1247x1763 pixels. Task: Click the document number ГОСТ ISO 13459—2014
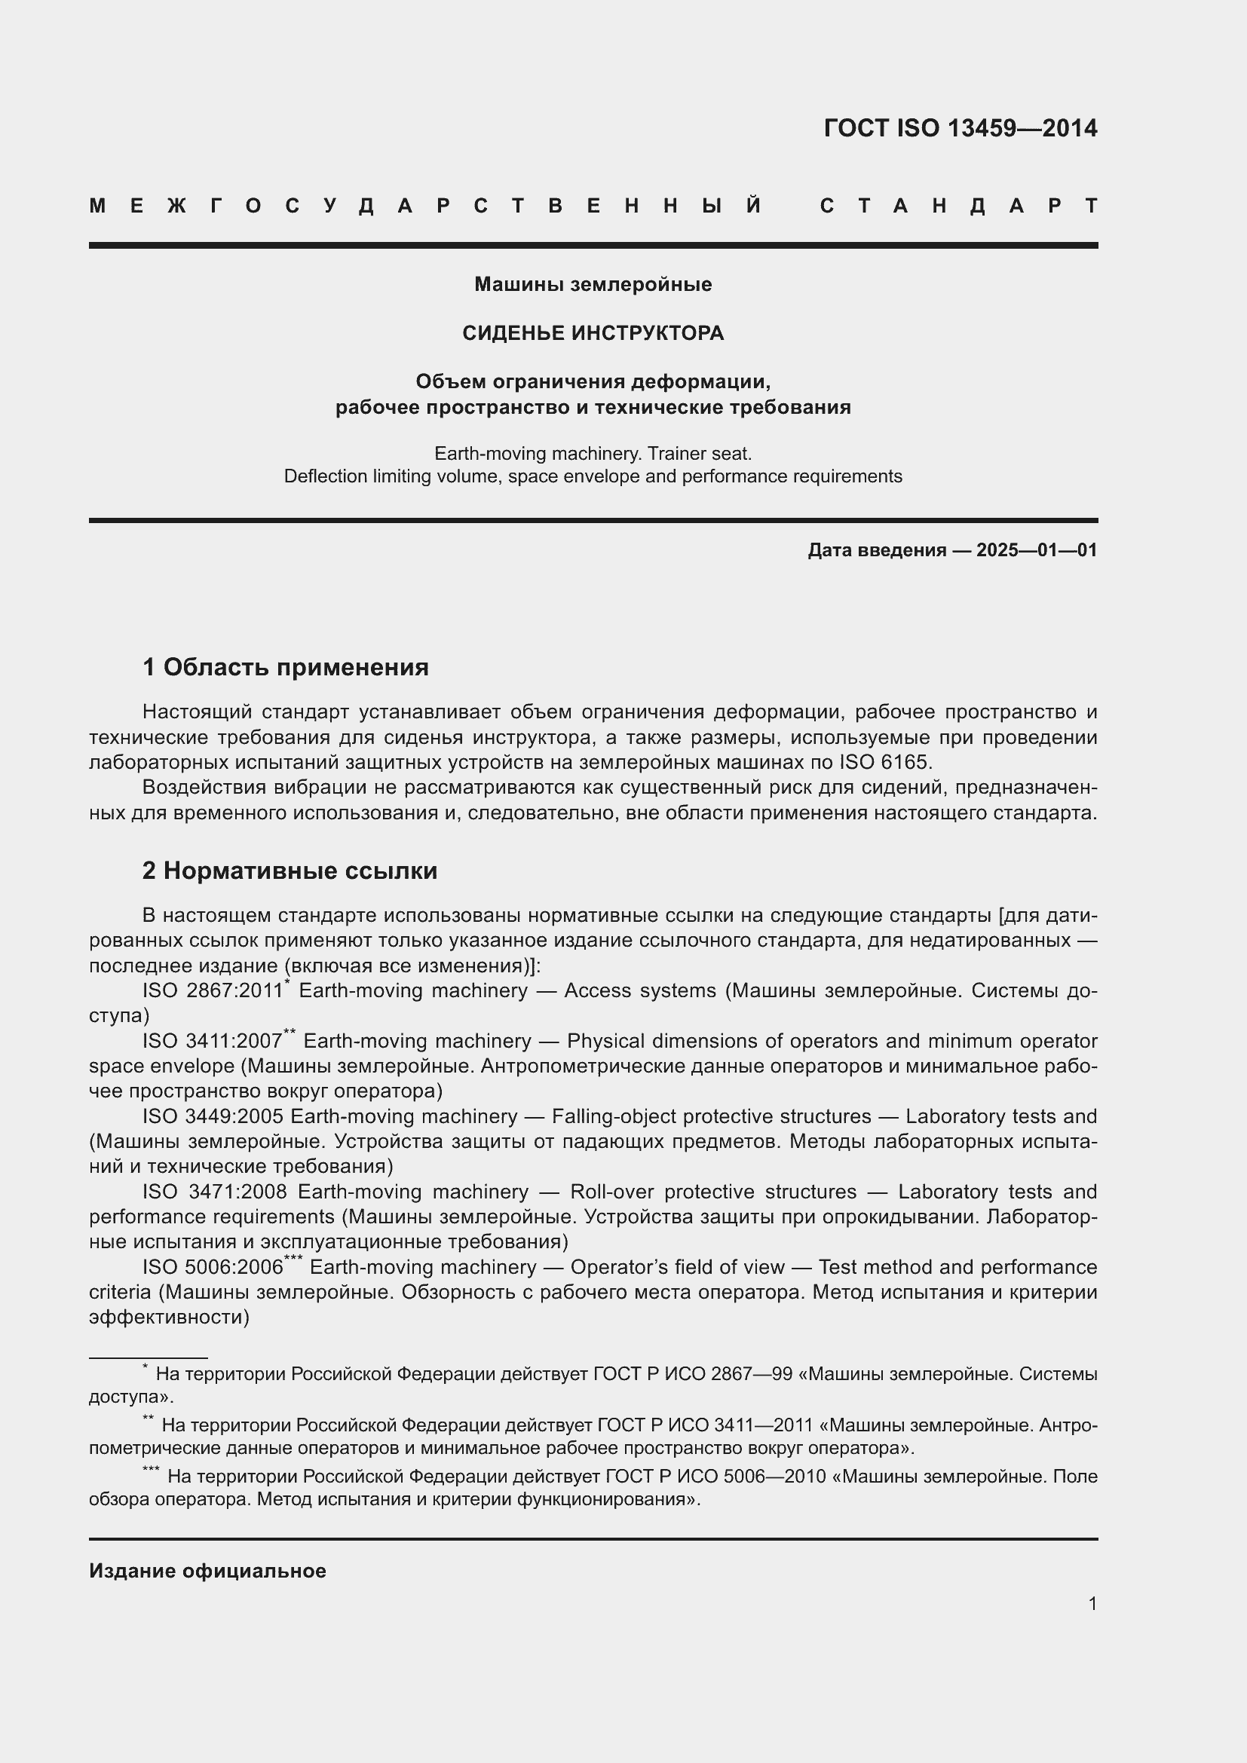tap(960, 128)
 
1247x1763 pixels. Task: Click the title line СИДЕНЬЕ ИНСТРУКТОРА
tap(593, 333)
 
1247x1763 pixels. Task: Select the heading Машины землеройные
tap(593, 285)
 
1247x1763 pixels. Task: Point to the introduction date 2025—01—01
tap(1037, 549)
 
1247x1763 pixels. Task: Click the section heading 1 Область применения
tap(286, 667)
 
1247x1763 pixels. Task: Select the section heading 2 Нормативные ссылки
tap(290, 871)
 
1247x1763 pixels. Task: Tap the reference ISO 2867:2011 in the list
tap(213, 991)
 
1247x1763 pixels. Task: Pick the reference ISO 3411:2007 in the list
tap(213, 1042)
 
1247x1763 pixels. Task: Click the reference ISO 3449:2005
tap(213, 1116)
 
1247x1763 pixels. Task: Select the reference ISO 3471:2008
tap(214, 1192)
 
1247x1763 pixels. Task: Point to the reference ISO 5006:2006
tap(213, 1267)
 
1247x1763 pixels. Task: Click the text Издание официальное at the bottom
tap(207, 1571)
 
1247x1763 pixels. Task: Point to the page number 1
tap(1092, 1603)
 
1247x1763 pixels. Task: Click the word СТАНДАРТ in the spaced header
tap(959, 207)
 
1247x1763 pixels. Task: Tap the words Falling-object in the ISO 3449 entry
tap(598, 1116)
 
